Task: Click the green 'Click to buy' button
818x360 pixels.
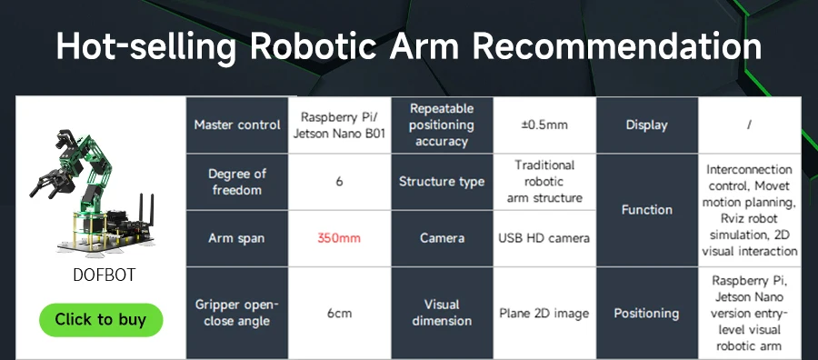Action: [100, 319]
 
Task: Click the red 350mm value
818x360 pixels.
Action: [339, 238]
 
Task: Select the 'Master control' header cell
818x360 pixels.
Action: [237, 125]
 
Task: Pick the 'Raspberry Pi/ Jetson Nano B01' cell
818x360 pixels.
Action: [339, 125]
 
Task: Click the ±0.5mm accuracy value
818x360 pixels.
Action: [544, 125]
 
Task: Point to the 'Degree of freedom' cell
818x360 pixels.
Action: [237, 182]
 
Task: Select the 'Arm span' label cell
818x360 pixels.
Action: [237, 238]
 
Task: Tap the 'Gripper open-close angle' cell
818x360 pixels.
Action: [237, 313]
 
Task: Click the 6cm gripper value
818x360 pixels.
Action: [339, 313]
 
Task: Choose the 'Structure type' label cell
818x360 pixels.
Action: [442, 182]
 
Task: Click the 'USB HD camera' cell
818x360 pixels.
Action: [544, 238]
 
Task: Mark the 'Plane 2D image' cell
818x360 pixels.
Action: [544, 313]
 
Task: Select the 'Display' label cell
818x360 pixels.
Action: [647, 125]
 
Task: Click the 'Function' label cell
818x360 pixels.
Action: [647, 210]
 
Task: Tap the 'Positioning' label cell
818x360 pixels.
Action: [647, 313]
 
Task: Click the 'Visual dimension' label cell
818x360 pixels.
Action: [442, 313]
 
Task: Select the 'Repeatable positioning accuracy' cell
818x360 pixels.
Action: [442, 125]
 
